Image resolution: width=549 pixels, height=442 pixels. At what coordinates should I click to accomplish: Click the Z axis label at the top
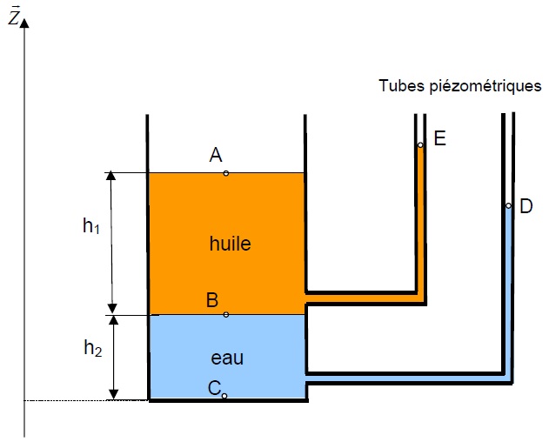coord(13,17)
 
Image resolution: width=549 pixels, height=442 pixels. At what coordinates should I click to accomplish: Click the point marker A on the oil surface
coord(226,173)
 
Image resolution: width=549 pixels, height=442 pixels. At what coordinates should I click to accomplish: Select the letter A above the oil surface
coord(217,155)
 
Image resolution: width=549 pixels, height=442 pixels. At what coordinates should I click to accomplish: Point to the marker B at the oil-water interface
coord(226,314)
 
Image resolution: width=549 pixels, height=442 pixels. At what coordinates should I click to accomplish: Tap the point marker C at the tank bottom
coord(224,396)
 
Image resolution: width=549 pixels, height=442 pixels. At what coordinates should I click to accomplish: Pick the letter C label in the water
coord(213,388)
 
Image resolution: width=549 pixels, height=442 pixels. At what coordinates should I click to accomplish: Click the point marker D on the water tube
coord(508,206)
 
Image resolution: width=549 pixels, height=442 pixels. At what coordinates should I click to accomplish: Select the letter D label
coord(526,206)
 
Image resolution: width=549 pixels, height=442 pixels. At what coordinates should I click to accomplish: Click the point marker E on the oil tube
coord(420,145)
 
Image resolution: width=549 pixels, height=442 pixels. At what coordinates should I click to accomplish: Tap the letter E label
coord(439,138)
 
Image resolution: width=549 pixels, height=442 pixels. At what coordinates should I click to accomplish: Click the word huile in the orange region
coord(231,244)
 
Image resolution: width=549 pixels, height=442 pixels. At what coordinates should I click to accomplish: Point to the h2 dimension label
coord(92,348)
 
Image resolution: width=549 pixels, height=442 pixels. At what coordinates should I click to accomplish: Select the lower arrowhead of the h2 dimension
coord(111,395)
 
